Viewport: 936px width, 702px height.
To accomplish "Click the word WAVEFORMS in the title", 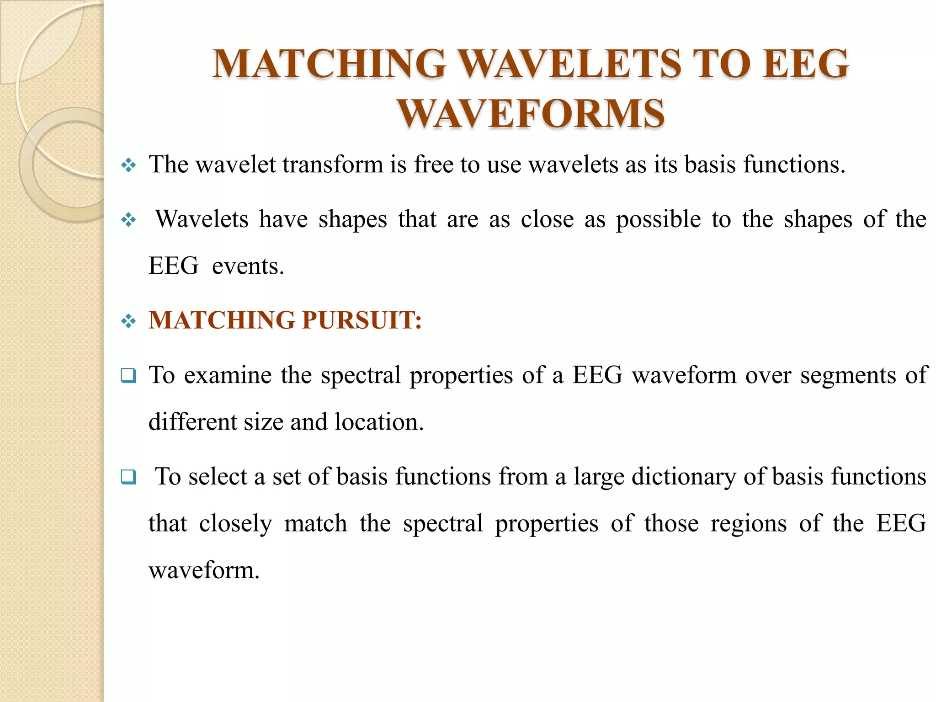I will click(x=531, y=113).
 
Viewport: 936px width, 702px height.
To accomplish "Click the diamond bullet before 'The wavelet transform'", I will click(x=128, y=165).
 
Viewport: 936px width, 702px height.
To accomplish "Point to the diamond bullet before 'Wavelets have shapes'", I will click(x=128, y=220).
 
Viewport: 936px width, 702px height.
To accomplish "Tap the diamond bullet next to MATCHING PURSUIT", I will click(x=128, y=321).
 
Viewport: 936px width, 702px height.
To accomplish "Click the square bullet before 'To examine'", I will click(x=128, y=376).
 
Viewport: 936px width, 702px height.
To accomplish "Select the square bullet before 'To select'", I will click(x=128, y=477).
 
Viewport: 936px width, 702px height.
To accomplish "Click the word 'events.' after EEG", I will click(x=248, y=266).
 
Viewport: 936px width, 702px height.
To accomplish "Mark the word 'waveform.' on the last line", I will click(x=204, y=570).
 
